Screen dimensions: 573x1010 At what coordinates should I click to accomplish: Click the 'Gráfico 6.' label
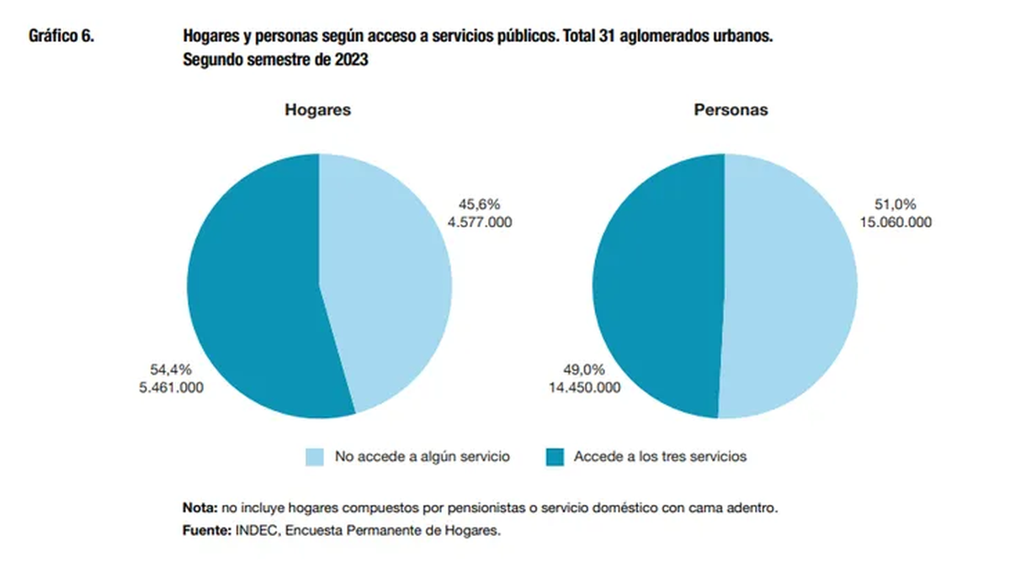pyautogui.click(x=61, y=36)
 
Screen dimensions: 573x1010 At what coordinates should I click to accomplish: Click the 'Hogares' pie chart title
pyautogui.click(x=317, y=110)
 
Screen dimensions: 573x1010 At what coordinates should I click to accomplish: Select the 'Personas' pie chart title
pyautogui.click(x=731, y=110)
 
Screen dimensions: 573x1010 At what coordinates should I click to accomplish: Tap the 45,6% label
pyautogui.click(x=479, y=204)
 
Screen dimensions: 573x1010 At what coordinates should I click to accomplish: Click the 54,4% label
pyautogui.click(x=172, y=369)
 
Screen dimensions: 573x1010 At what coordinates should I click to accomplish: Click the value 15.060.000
pyautogui.click(x=895, y=222)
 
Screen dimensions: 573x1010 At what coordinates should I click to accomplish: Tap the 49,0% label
pyautogui.click(x=584, y=369)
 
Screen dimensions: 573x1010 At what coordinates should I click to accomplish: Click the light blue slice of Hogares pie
pyautogui.click(x=387, y=278)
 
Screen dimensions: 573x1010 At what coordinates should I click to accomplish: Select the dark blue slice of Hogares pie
pyautogui.click(x=252, y=294)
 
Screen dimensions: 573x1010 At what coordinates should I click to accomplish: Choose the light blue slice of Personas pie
pyautogui.click(x=791, y=286)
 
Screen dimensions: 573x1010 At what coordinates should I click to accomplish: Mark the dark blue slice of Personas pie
pyautogui.click(x=656, y=286)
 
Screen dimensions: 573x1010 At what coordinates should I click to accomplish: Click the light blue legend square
pyautogui.click(x=315, y=457)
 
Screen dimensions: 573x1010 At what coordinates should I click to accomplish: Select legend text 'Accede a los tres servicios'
pyautogui.click(x=660, y=457)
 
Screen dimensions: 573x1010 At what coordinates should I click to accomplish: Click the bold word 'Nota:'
pyautogui.click(x=199, y=509)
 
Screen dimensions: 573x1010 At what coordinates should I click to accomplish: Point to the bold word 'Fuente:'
pyautogui.click(x=206, y=531)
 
